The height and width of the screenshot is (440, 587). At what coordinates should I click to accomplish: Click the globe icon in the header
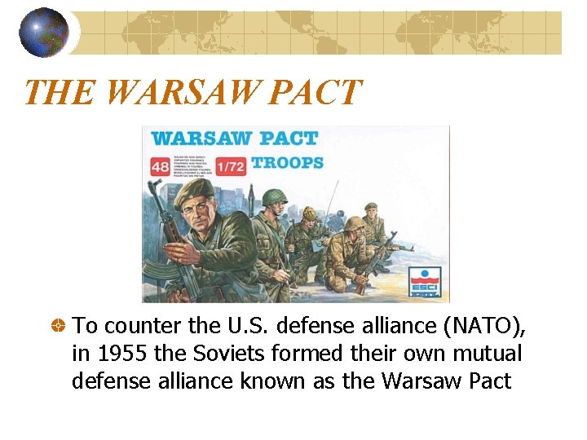tap(44, 32)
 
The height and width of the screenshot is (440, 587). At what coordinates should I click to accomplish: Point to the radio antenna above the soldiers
tap(330, 200)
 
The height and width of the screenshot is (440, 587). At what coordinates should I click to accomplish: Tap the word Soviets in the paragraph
tap(218, 354)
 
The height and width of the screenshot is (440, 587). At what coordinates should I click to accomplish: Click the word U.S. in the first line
tap(248, 327)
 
